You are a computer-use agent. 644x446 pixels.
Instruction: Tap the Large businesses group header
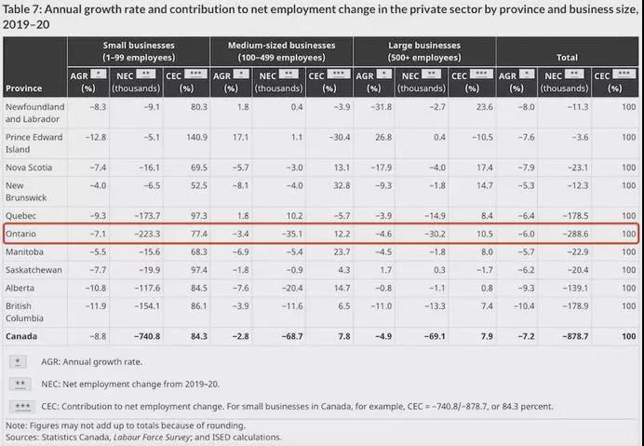423,49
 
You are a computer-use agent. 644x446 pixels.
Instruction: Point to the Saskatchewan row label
34,270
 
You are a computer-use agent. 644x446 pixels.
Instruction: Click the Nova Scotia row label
31,167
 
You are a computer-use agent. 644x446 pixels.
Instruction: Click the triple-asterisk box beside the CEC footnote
20,406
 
